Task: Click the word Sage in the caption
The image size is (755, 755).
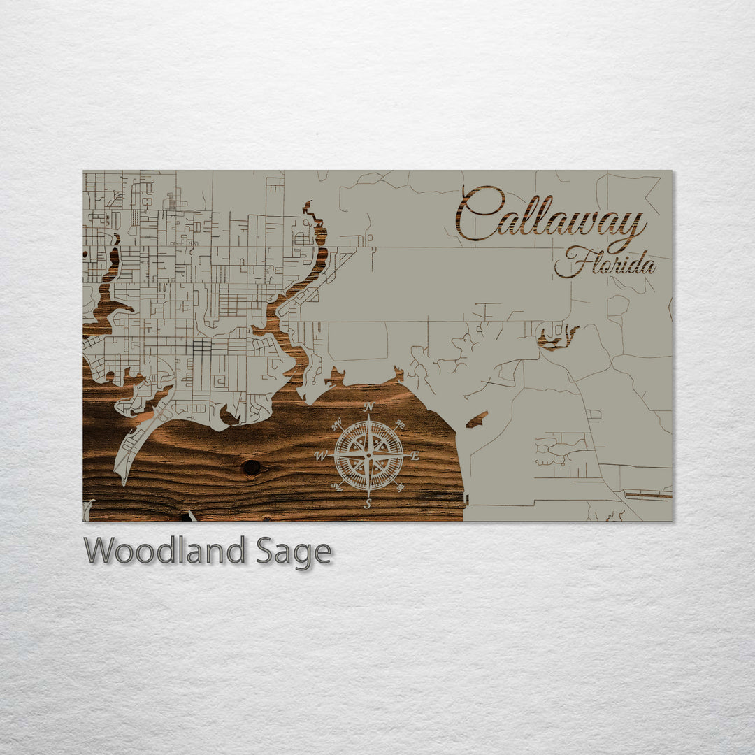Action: [294, 552]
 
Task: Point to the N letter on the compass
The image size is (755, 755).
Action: [368, 407]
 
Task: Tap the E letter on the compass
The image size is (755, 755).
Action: [415, 456]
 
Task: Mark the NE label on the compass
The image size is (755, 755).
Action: [401, 424]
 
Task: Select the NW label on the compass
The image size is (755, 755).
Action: [337, 422]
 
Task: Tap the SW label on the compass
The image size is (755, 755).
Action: [337, 487]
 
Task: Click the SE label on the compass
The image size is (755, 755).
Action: [401, 487]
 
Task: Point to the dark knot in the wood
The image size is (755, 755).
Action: [251, 467]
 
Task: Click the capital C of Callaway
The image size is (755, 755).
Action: [479, 213]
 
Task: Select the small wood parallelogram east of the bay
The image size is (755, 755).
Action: [477, 419]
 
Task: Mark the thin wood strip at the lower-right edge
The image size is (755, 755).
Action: [647, 495]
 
